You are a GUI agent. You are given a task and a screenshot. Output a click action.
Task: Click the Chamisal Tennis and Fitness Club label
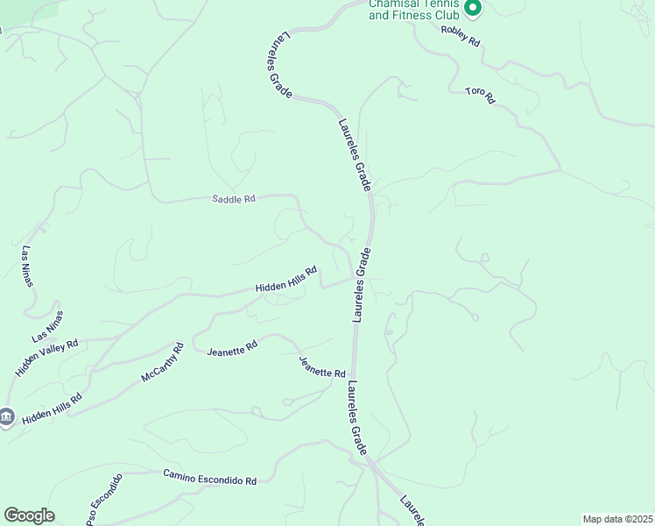(414, 10)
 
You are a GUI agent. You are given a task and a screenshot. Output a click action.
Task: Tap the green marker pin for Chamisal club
(473, 9)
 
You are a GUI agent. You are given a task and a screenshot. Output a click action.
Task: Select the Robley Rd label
(461, 34)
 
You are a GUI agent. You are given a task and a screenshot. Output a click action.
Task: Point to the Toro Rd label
(480, 95)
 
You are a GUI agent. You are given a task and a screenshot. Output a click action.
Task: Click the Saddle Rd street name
(233, 199)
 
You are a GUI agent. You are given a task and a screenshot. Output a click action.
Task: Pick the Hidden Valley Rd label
(46, 358)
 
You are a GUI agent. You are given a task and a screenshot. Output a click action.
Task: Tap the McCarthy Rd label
(163, 361)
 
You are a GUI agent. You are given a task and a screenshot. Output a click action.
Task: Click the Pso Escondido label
(104, 501)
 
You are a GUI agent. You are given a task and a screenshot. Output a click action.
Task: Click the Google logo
(29, 515)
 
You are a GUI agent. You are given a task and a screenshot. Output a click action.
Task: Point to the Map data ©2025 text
(616, 519)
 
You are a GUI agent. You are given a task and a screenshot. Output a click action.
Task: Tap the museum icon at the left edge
(6, 416)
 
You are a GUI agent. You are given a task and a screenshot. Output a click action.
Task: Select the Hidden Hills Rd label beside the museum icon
(52, 409)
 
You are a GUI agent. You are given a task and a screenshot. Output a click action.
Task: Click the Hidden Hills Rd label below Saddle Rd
(285, 281)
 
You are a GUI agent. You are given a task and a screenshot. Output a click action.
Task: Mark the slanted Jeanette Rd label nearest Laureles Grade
(322, 367)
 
